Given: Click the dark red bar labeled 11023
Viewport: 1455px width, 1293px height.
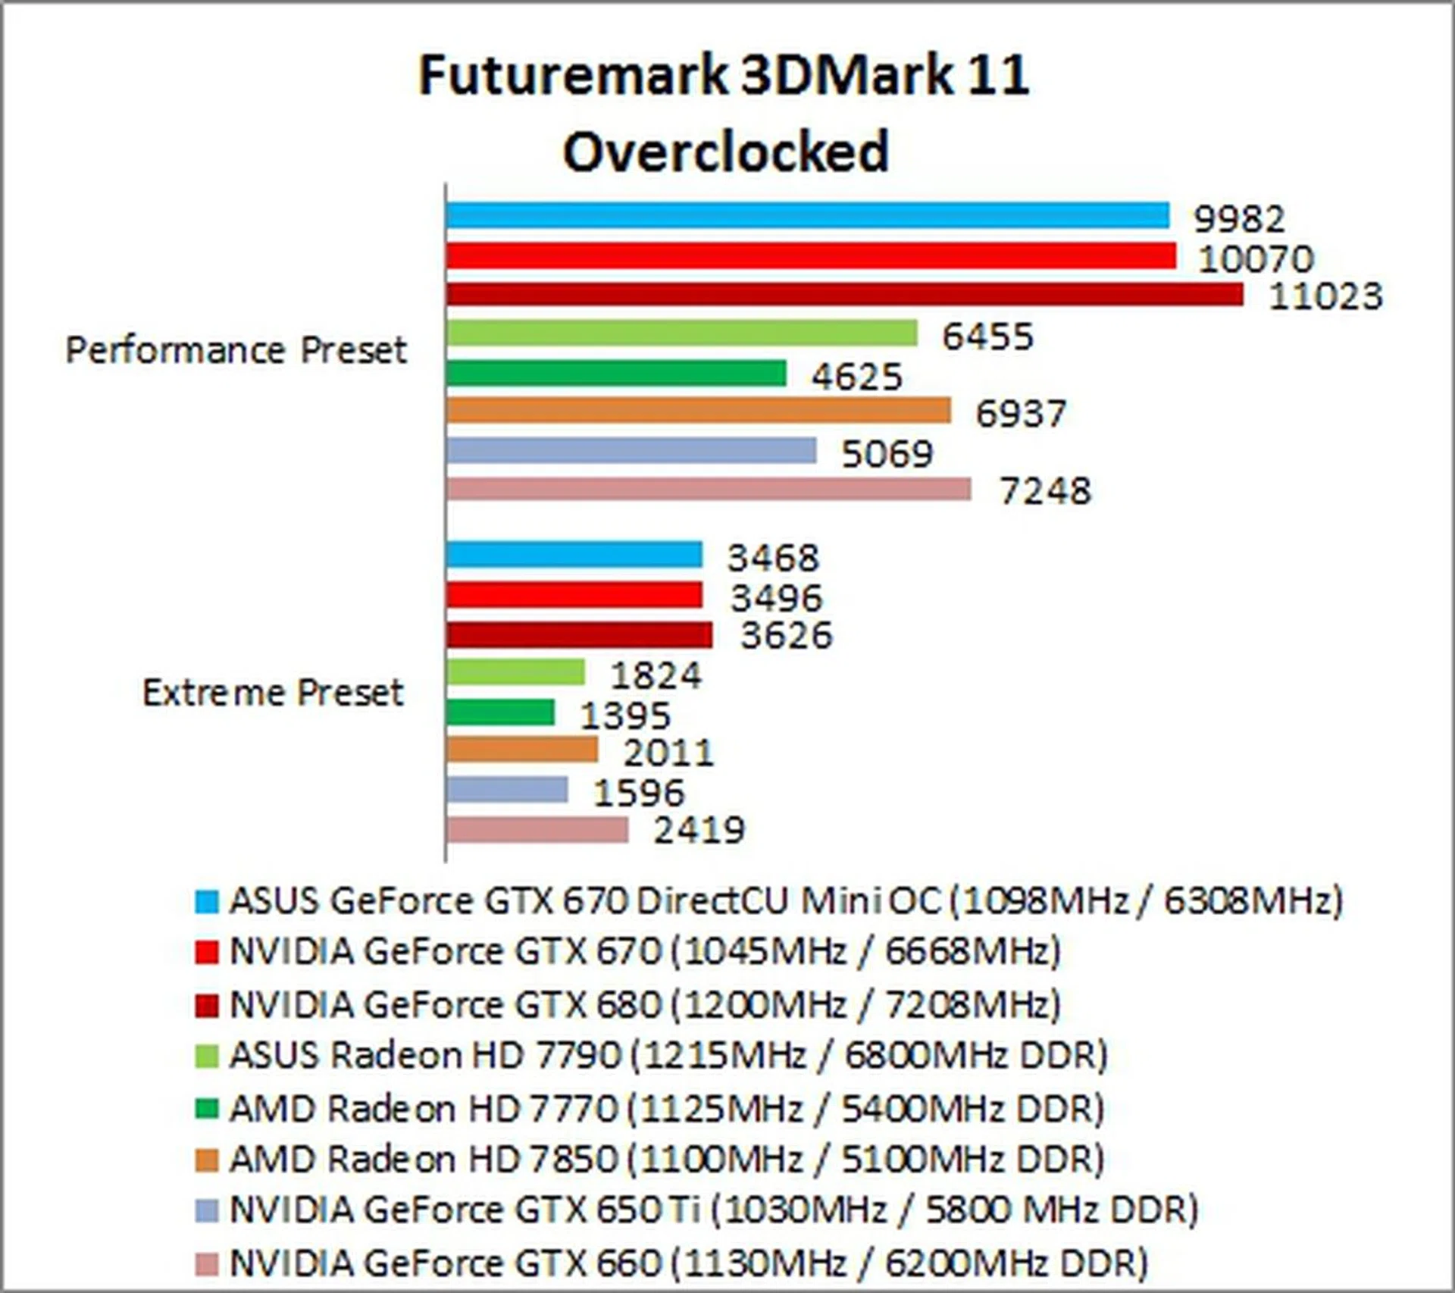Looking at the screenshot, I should (x=844, y=295).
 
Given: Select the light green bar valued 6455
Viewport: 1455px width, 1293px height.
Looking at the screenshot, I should (x=681, y=333).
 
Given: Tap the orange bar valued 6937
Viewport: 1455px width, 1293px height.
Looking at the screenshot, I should (x=698, y=411).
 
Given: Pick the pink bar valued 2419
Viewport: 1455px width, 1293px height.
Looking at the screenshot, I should (x=537, y=830).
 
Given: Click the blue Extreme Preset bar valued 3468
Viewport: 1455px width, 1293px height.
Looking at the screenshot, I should (x=574, y=555).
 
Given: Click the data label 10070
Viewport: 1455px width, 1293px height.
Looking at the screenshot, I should (x=1255, y=259).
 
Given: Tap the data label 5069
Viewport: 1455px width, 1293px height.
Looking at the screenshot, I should (x=887, y=454).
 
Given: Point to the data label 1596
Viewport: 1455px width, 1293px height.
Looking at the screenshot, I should (x=639, y=793).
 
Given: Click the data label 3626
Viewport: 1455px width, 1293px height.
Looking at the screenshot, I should (x=786, y=635).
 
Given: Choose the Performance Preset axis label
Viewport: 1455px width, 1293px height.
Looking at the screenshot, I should (x=236, y=350).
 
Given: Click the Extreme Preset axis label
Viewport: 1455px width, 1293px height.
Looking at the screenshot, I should (x=273, y=693).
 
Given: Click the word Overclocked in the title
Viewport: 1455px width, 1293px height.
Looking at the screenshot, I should (x=725, y=152).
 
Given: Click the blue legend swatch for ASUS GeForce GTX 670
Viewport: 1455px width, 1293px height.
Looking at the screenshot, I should (x=206, y=902).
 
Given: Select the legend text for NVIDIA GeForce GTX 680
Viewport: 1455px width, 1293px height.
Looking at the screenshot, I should (x=644, y=1005).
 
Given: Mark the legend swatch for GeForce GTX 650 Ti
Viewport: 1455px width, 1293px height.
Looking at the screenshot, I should (x=206, y=1210).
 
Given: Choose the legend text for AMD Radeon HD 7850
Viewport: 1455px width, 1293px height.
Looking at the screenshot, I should (x=667, y=1160).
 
